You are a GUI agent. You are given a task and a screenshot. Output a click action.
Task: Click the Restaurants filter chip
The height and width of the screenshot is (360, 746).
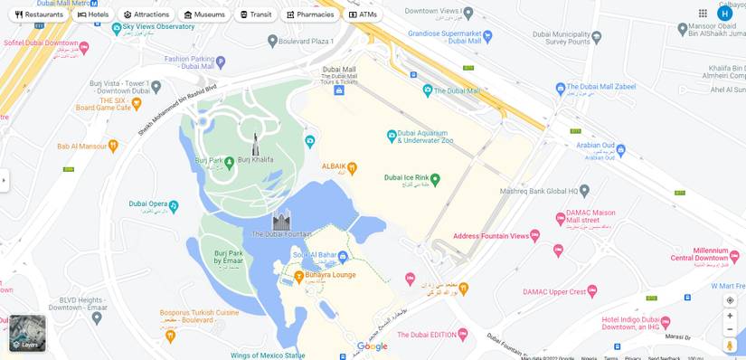[39, 14]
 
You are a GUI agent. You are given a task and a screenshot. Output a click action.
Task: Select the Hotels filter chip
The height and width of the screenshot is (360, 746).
[93, 14]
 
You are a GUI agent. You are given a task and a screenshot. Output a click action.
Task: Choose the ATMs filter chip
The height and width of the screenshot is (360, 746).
[363, 14]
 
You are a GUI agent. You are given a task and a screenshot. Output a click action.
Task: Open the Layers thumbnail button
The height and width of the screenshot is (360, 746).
[27, 333]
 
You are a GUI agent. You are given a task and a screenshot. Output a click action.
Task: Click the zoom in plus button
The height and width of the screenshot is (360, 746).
[730, 316]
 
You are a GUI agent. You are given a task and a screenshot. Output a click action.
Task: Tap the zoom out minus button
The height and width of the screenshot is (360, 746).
[730, 329]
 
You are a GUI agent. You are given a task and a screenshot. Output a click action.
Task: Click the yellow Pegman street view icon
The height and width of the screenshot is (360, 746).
[730, 346]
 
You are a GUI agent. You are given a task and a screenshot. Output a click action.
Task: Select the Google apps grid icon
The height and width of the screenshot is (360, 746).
[703, 14]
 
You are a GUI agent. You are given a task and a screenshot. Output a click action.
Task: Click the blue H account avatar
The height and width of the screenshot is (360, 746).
[724, 14]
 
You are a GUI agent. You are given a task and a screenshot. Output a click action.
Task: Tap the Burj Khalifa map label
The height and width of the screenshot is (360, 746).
[255, 160]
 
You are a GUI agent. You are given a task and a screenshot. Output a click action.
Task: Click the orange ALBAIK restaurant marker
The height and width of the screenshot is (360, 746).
[352, 167]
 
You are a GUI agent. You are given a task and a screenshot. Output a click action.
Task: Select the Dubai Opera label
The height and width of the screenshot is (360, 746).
[147, 204]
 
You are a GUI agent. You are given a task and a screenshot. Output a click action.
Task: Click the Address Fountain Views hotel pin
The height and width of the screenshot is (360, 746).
[535, 236]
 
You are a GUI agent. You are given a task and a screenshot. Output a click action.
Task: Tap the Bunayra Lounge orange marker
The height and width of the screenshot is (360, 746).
[298, 275]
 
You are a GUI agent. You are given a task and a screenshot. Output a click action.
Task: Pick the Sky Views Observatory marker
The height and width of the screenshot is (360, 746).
[117, 28]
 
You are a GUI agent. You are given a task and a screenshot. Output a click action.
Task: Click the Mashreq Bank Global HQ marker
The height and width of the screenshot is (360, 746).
[584, 191]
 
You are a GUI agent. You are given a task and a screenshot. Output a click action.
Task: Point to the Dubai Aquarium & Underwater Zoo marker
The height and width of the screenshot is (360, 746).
[392, 136]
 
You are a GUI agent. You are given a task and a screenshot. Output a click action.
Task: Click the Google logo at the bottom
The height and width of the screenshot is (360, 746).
[372, 346]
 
